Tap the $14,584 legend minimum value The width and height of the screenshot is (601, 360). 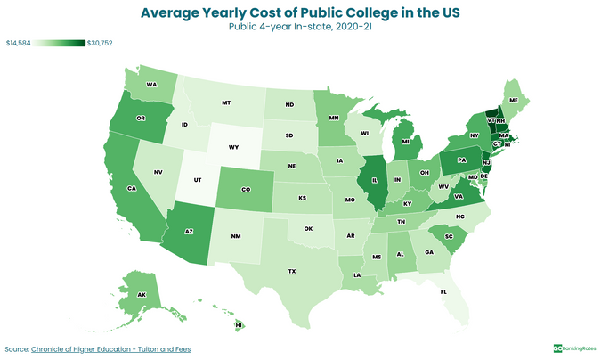(18, 43)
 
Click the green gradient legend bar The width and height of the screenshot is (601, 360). (61, 43)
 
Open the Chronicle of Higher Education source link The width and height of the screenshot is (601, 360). (111, 348)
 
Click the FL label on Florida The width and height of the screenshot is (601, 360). (443, 291)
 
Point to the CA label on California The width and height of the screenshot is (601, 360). (130, 189)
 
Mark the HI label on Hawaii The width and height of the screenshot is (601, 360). (239, 325)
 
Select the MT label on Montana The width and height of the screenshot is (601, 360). (226, 102)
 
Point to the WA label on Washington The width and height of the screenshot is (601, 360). (152, 85)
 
